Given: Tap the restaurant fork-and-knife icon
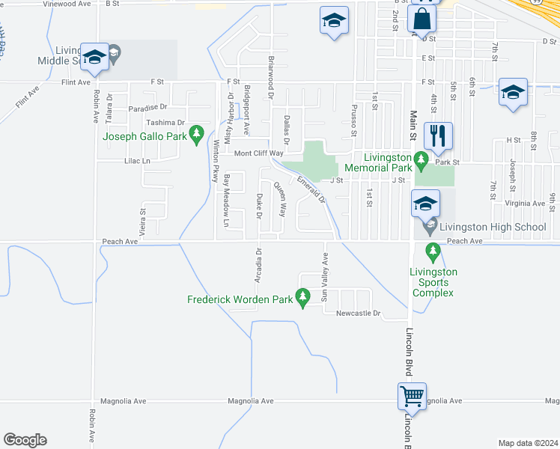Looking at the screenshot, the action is [x=438, y=135].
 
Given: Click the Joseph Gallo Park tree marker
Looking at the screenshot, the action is [x=197, y=135].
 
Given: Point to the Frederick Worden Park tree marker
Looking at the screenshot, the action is [x=303, y=299].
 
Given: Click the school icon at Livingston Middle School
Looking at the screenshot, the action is [x=95, y=56].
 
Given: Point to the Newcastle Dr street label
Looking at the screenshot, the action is [x=359, y=313].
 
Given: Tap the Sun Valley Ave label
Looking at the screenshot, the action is [x=325, y=278].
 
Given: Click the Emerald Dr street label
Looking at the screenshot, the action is [x=311, y=190].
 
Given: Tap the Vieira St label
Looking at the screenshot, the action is [x=142, y=222].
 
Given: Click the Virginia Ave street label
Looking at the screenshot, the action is [x=526, y=203].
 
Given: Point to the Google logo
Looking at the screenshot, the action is [x=25, y=439].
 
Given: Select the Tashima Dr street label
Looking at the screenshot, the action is [x=165, y=123].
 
